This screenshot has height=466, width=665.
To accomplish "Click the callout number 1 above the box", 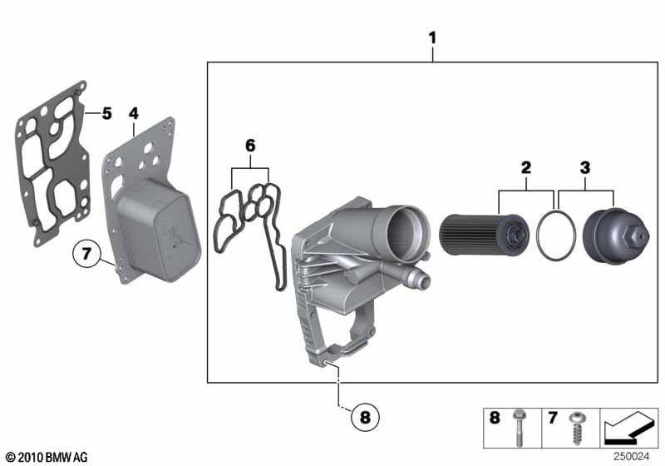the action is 432,38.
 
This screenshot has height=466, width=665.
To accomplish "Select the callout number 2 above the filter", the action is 526,167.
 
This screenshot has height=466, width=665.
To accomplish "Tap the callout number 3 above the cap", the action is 585,167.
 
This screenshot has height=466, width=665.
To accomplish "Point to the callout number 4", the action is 134,113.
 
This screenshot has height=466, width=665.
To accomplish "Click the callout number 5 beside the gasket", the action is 106,113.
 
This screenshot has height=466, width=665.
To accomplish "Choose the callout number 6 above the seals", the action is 251,146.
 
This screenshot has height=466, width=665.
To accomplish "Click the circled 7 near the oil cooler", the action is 86,254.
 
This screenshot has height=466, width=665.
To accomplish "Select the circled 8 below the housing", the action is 365,417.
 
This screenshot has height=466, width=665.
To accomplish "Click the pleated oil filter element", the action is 484,235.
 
